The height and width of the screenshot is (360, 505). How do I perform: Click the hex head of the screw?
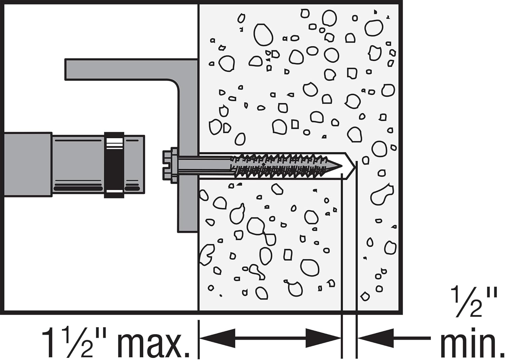[167, 165]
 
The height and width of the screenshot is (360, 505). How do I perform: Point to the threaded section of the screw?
[283, 166]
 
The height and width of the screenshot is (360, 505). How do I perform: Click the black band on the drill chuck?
[114, 165]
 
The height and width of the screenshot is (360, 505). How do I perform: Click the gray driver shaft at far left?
[27, 165]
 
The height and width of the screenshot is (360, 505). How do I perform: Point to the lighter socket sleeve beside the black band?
[77, 165]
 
